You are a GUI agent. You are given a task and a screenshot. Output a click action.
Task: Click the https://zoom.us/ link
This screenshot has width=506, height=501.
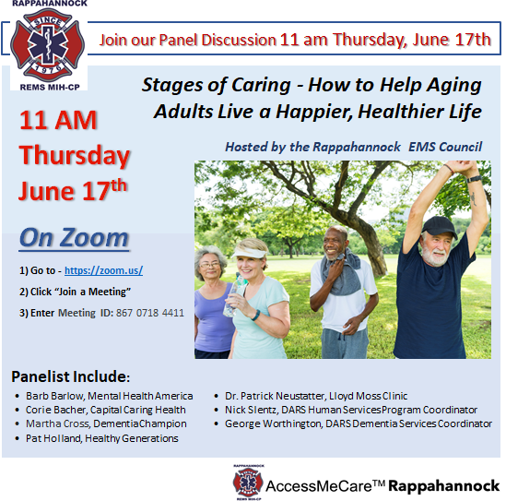[103, 270]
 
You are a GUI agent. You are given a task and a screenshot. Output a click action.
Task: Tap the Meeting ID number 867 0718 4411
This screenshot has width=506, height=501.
[150, 313]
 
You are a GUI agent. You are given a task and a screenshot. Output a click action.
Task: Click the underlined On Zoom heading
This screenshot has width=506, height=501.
[75, 238]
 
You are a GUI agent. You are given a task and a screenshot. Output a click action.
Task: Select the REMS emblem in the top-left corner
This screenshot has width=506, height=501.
[48, 45]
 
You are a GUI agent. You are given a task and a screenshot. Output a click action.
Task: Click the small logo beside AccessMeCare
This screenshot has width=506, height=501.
[248, 483]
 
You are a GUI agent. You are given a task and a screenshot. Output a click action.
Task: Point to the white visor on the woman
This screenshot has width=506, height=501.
[250, 253]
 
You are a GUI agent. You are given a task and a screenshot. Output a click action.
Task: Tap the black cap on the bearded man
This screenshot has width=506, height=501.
[440, 226]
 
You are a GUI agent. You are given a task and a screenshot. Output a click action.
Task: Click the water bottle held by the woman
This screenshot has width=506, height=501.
[234, 295]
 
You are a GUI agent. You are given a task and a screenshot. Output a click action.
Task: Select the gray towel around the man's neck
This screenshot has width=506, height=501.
[342, 271]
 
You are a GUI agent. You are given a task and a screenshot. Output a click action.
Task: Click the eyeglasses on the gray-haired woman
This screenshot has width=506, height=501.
[210, 266]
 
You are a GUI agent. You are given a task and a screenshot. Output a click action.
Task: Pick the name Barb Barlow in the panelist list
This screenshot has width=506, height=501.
[54, 396]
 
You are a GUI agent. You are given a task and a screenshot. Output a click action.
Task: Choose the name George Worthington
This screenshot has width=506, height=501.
[273, 423]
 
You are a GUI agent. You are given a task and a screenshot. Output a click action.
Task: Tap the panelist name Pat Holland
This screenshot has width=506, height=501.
[53, 438]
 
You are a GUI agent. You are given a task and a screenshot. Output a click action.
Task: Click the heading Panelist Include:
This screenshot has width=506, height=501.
[71, 376]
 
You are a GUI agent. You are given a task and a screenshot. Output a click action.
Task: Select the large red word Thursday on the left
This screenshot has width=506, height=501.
[75, 156]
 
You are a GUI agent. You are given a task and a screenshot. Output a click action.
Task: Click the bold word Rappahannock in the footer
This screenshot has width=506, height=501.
[443, 486]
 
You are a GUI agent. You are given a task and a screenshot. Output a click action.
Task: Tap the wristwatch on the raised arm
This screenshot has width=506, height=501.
[474, 179]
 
